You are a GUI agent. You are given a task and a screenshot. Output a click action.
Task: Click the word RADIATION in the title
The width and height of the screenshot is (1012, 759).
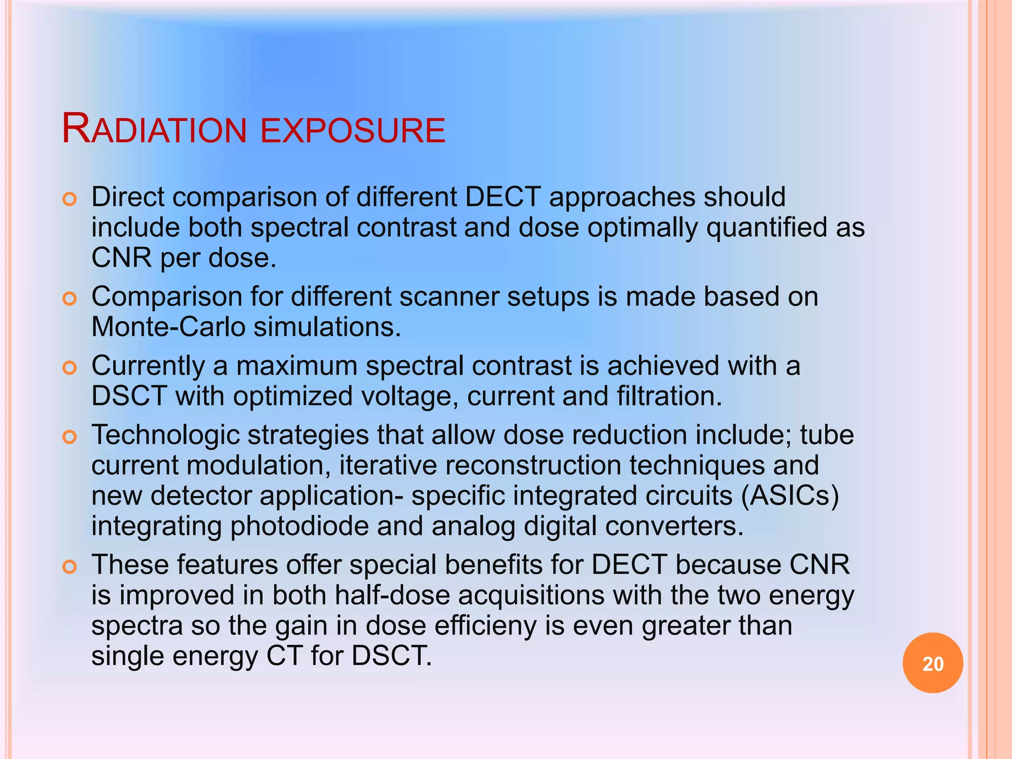[154, 129]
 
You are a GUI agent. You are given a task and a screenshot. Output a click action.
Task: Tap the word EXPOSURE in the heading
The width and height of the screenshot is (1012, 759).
[353, 130]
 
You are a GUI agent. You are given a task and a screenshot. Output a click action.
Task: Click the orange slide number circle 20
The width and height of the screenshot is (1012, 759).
[932, 663]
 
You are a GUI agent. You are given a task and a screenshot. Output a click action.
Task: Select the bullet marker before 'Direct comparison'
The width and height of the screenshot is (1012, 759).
[70, 200]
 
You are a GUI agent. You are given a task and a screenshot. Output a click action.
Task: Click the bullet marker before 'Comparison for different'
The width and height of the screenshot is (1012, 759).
[70, 299]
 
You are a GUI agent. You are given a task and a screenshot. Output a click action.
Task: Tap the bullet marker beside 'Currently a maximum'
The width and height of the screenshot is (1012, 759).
[70, 368]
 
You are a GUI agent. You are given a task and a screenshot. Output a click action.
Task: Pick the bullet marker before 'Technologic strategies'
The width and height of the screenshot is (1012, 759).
[70, 437]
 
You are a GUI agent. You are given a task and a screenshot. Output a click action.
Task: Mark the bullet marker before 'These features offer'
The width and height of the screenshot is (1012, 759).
[70, 567]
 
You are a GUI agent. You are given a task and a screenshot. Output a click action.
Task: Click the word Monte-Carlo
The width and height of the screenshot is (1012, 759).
[169, 327]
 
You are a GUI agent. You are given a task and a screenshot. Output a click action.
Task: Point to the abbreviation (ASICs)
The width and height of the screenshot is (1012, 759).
[790, 496]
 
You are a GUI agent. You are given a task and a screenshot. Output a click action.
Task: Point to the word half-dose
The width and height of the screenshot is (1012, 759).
[392, 595]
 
